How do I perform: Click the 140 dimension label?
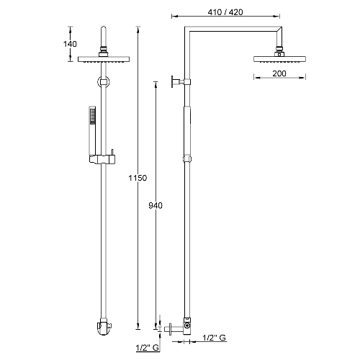tap(71, 43)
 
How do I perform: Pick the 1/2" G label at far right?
tap(213, 338)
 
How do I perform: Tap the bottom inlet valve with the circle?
tap(187, 325)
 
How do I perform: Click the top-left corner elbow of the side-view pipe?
tap(189, 32)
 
